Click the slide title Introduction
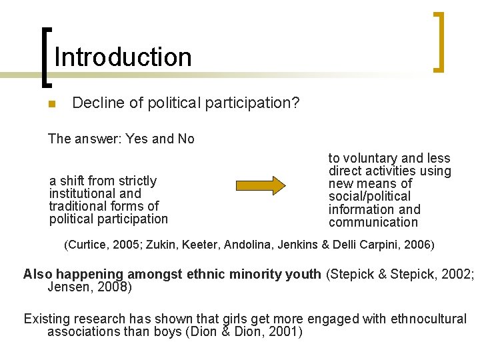(x=123, y=57)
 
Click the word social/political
(x=369, y=196)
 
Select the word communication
(x=373, y=222)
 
